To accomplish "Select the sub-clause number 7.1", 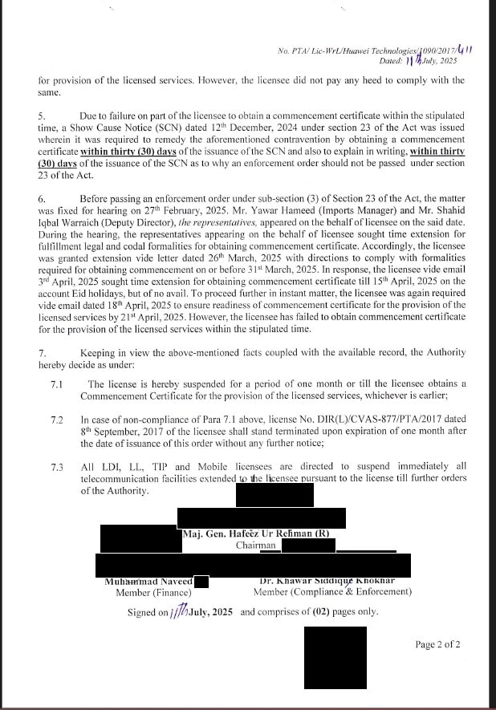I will click(x=56, y=385).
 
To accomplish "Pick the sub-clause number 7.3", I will click(x=56, y=467).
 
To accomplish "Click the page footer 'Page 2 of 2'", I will click(x=437, y=644).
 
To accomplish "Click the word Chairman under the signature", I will click(x=256, y=546).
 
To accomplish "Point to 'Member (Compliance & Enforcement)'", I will click(x=332, y=592).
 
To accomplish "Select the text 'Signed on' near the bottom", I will click(x=148, y=612).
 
